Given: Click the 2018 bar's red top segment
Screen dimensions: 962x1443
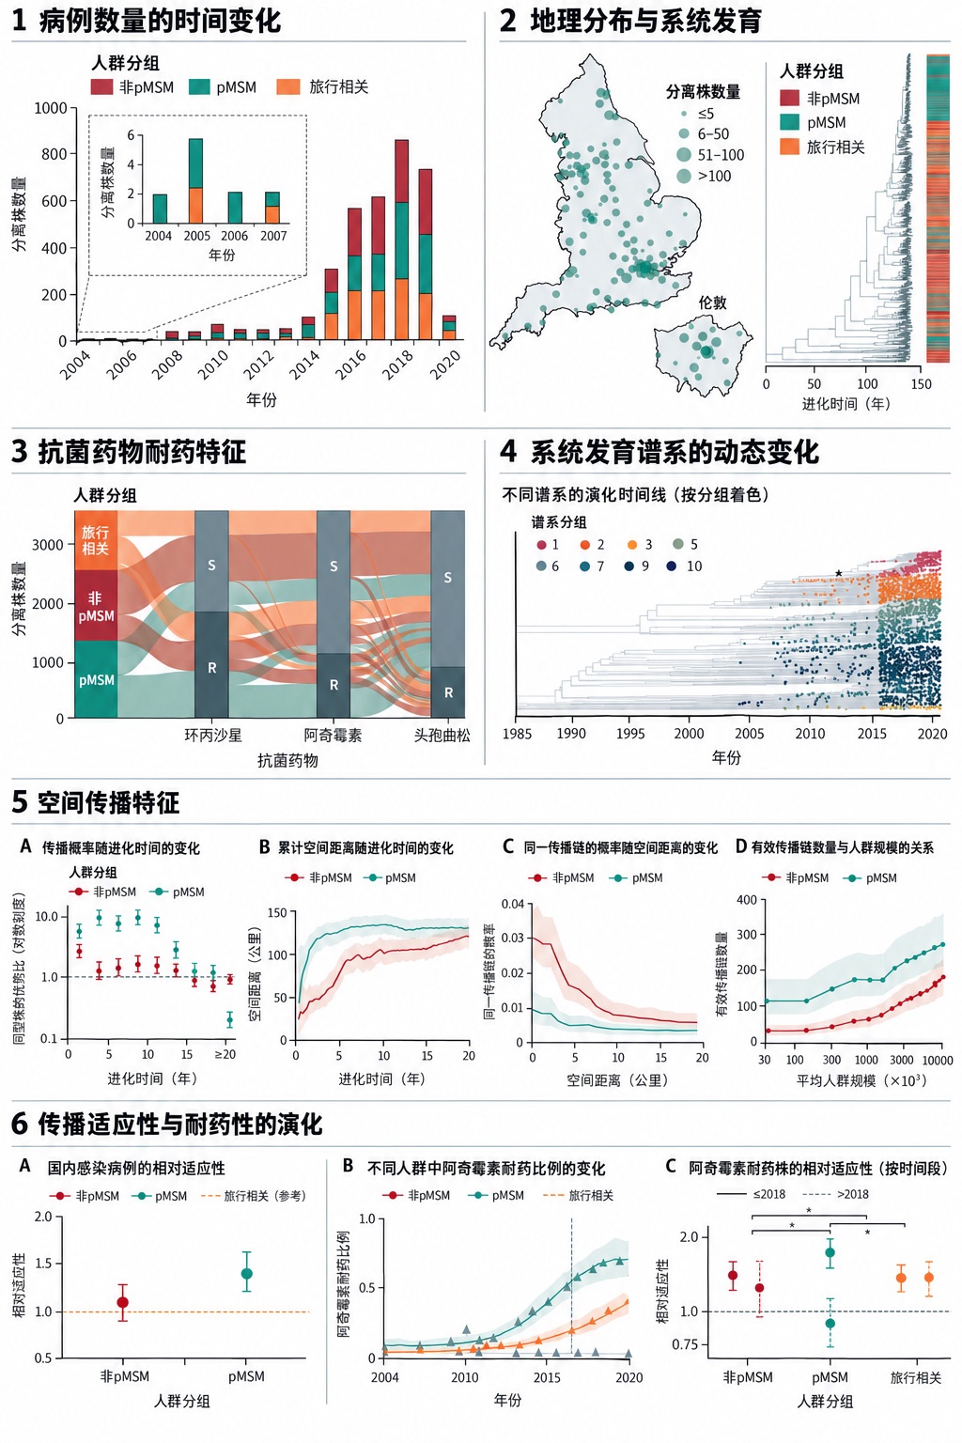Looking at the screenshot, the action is (401, 171).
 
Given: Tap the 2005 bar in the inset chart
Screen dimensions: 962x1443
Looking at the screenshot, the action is (196, 180).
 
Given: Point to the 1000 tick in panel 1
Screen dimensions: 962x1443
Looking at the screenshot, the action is (51, 108).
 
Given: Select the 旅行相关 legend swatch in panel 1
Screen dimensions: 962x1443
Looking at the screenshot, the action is (288, 87).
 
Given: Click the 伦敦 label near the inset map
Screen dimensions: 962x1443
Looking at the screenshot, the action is (713, 303).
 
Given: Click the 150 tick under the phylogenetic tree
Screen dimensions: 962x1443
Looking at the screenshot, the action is (920, 384).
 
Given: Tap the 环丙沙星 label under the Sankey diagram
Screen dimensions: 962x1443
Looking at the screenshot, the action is (212, 735).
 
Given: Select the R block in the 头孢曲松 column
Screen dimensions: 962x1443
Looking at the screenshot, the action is (448, 691).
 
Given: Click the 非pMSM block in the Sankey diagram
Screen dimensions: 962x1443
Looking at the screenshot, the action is (96, 606).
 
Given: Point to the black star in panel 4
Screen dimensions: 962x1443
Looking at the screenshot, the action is (838, 573).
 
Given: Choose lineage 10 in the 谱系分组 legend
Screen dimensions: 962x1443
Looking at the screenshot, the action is (685, 566).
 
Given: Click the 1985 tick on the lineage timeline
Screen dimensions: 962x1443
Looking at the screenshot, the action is (517, 733).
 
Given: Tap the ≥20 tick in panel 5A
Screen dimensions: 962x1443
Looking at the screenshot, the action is (225, 1055).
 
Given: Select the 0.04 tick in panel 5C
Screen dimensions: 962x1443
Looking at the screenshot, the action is (512, 904).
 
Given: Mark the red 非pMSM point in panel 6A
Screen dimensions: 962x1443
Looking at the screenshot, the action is (123, 1303).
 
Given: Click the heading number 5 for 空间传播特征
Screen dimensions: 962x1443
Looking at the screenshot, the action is (20, 802).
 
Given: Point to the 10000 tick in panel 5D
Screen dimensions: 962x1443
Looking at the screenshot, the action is (938, 1061).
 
